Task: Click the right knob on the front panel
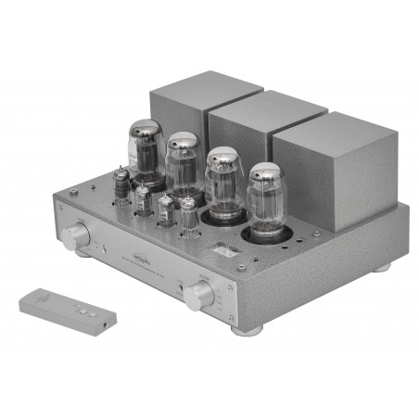[x=198, y=297]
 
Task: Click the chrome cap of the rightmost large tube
[x=266, y=174]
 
